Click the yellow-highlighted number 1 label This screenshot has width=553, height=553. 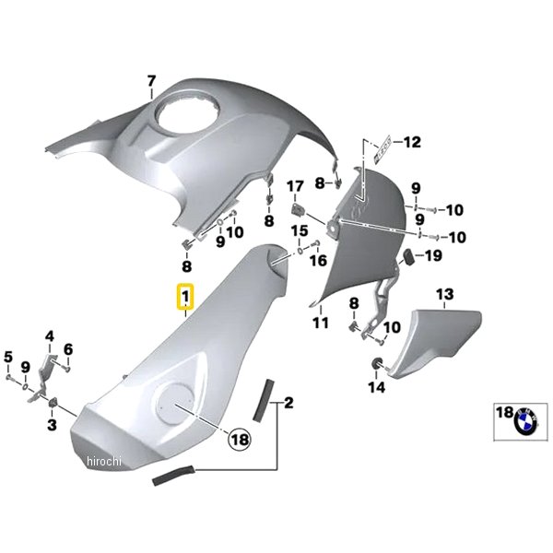click(185, 298)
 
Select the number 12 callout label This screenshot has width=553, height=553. click(411, 142)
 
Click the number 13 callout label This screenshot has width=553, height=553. click(445, 295)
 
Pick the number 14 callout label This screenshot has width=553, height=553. click(376, 388)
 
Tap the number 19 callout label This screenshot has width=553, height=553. click(432, 255)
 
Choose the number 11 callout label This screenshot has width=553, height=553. click(320, 324)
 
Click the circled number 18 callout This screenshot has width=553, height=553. click(239, 441)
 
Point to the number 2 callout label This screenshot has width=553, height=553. click(288, 403)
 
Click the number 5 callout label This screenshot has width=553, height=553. click(8, 358)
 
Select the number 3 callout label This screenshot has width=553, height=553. click(52, 425)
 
